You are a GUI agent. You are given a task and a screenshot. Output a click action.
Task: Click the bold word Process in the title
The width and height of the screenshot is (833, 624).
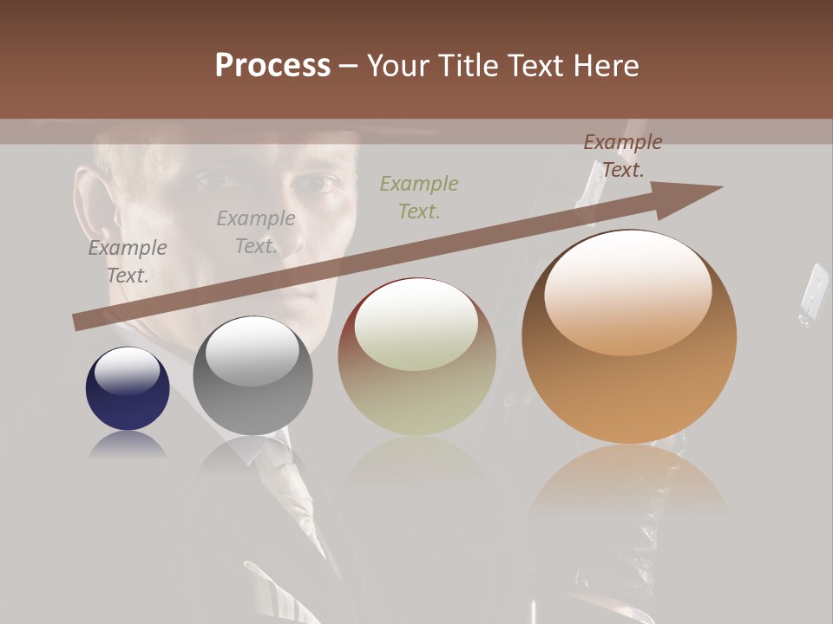point(272,66)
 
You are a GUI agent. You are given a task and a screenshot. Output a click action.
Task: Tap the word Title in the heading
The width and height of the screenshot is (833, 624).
point(469,66)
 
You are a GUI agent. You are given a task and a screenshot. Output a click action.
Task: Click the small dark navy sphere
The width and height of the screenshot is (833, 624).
point(128,388)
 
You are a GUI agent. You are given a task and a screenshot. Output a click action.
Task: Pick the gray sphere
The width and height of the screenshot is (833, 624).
point(253,375)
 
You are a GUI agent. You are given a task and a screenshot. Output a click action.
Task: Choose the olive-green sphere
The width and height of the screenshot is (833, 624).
point(416,357)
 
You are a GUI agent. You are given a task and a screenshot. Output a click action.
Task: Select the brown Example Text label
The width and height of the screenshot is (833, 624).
point(622,156)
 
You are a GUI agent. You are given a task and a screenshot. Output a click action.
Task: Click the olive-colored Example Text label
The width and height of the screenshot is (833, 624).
point(419,197)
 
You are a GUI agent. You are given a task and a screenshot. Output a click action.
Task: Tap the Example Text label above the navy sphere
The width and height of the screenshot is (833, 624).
point(128,262)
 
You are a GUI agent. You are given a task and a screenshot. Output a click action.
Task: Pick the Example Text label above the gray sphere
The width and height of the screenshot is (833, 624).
point(256,232)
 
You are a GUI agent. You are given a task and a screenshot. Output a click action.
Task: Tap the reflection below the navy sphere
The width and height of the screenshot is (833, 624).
point(128,445)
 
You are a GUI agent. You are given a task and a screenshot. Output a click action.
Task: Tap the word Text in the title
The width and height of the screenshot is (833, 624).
point(540,66)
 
